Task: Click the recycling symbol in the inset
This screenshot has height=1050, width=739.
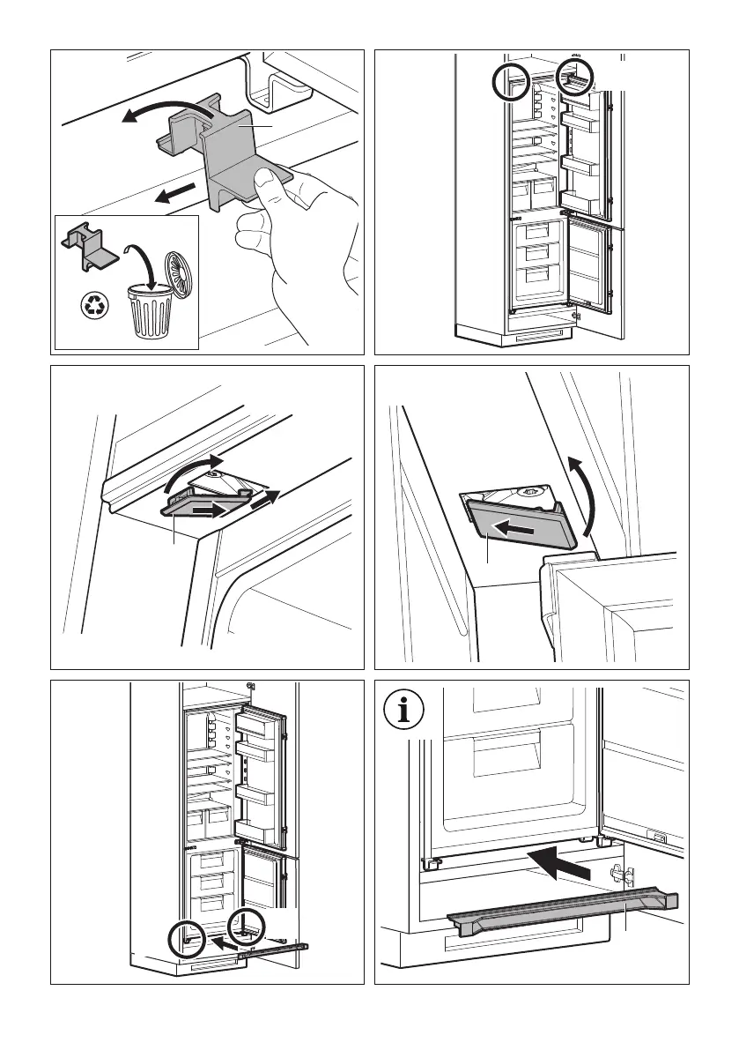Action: pyautogui.click(x=93, y=306)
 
